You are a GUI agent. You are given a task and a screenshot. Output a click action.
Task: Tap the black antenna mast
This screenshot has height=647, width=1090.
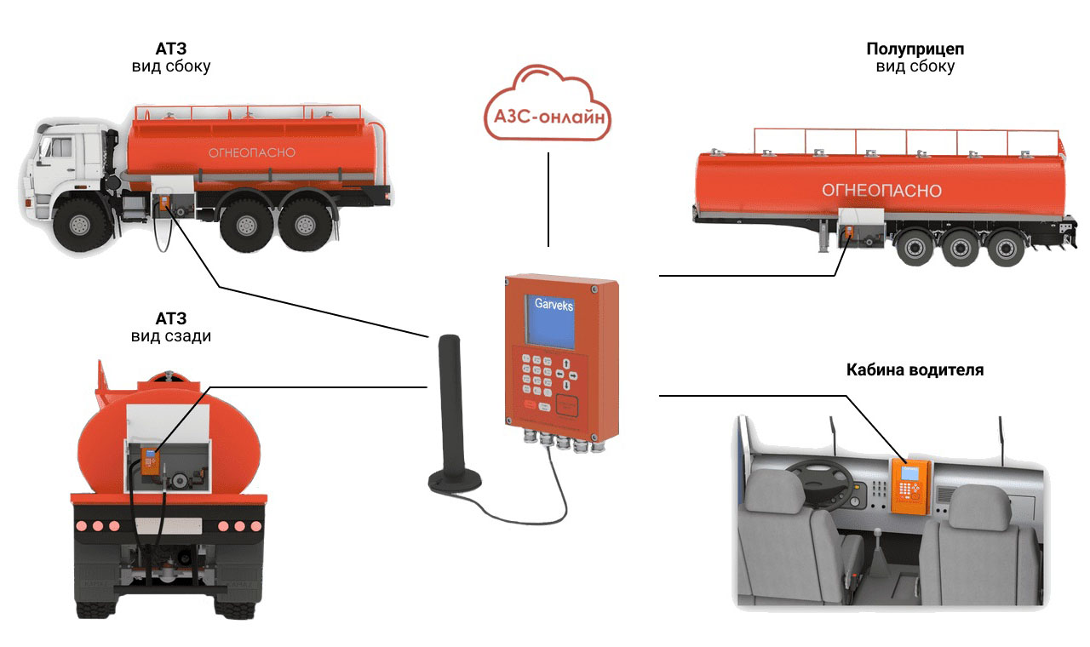coord(449,400)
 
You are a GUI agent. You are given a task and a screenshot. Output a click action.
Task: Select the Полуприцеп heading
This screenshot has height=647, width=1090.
coord(915,49)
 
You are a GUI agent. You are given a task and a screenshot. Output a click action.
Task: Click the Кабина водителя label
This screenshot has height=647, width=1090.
coord(915,370)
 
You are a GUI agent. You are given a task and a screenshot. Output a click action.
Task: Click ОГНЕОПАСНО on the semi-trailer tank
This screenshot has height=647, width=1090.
coord(881,191)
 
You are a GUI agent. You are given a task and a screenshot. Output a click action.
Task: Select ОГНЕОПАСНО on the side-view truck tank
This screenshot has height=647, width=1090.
coord(252,152)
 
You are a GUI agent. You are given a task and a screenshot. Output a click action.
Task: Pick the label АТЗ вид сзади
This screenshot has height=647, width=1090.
coord(171,328)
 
